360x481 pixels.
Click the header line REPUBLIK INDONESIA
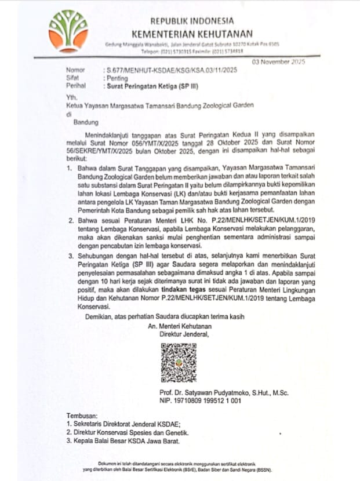tap(192, 21)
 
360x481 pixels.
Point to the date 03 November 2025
tap(278, 61)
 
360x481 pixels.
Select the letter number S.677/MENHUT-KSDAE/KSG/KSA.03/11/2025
tap(166, 70)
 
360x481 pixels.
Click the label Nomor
tap(75, 70)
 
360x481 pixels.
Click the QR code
tap(179, 363)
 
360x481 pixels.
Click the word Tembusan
tap(82, 416)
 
